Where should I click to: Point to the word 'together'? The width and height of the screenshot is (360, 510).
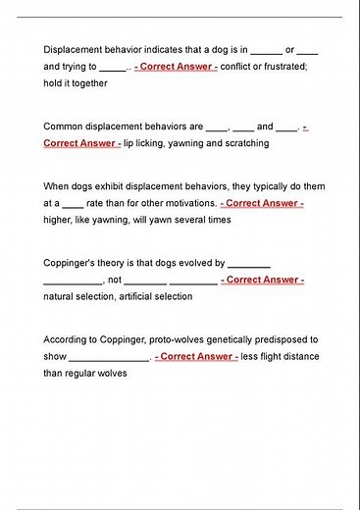(87, 83)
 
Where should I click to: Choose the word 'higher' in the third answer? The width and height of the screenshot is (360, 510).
(58, 221)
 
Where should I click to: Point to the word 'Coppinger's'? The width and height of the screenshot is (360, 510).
(71, 263)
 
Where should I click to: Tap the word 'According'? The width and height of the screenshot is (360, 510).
(67, 339)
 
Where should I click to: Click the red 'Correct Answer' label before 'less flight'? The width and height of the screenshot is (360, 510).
(196, 357)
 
